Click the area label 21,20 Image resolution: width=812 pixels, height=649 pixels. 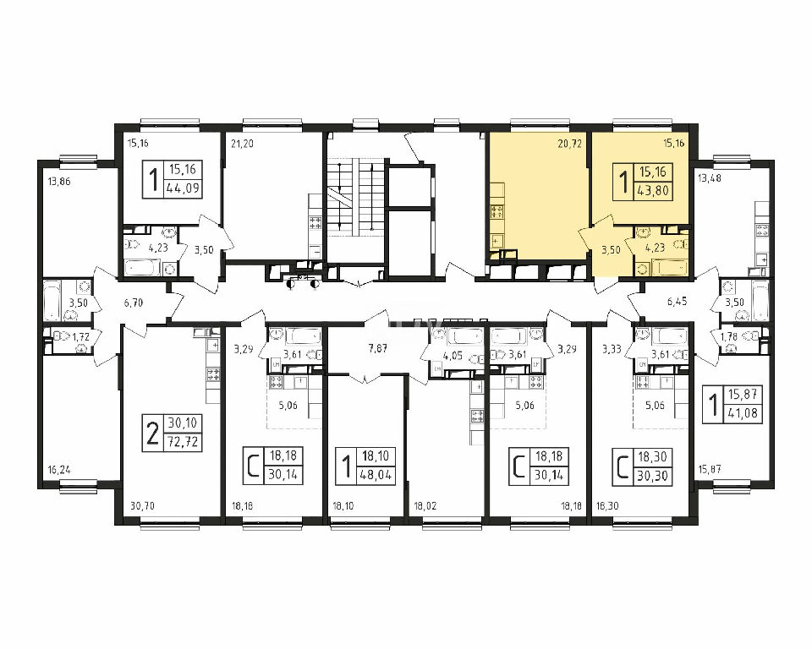(242, 144)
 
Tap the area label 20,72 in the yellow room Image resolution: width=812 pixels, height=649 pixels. (569, 144)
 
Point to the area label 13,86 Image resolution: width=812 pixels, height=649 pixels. (58, 182)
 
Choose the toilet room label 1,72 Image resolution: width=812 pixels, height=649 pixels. (81, 337)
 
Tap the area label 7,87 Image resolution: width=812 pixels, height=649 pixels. (377, 348)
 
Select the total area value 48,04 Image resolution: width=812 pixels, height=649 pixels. (376, 474)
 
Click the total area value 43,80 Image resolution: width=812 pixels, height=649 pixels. (654, 190)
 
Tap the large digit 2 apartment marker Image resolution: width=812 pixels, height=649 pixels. (151, 434)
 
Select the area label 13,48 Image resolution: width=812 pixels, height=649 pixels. (710, 178)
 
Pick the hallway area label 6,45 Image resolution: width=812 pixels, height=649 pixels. (678, 301)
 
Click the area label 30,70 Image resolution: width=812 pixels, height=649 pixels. (142, 505)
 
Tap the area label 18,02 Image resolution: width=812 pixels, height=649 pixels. (425, 505)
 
